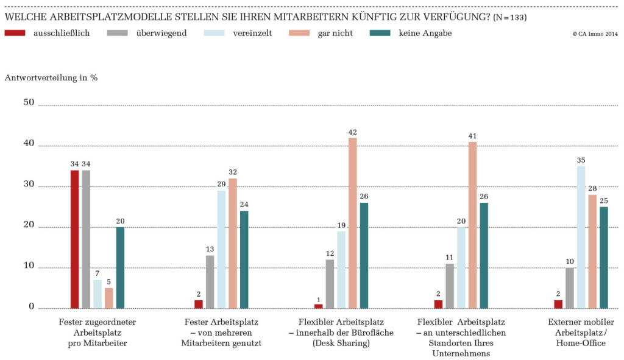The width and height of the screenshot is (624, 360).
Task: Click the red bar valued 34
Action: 74,239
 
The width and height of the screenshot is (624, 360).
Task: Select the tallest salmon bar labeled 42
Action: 352,223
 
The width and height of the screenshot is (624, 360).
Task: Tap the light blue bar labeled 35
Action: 581,237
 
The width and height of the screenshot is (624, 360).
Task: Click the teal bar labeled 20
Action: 120,267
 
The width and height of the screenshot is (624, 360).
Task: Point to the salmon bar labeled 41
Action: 472,225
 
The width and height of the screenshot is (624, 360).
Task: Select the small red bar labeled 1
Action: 319,306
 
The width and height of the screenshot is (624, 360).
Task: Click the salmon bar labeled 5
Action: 108,298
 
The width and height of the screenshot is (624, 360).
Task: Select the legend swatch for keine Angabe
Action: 382,34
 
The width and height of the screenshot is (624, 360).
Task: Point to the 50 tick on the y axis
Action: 28,102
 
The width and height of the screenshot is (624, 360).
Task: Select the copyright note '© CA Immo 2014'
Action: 595,34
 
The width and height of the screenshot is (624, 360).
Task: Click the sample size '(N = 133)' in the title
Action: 509,17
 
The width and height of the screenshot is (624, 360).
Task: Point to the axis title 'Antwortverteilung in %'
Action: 51,78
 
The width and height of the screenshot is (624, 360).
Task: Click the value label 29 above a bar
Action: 221,184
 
